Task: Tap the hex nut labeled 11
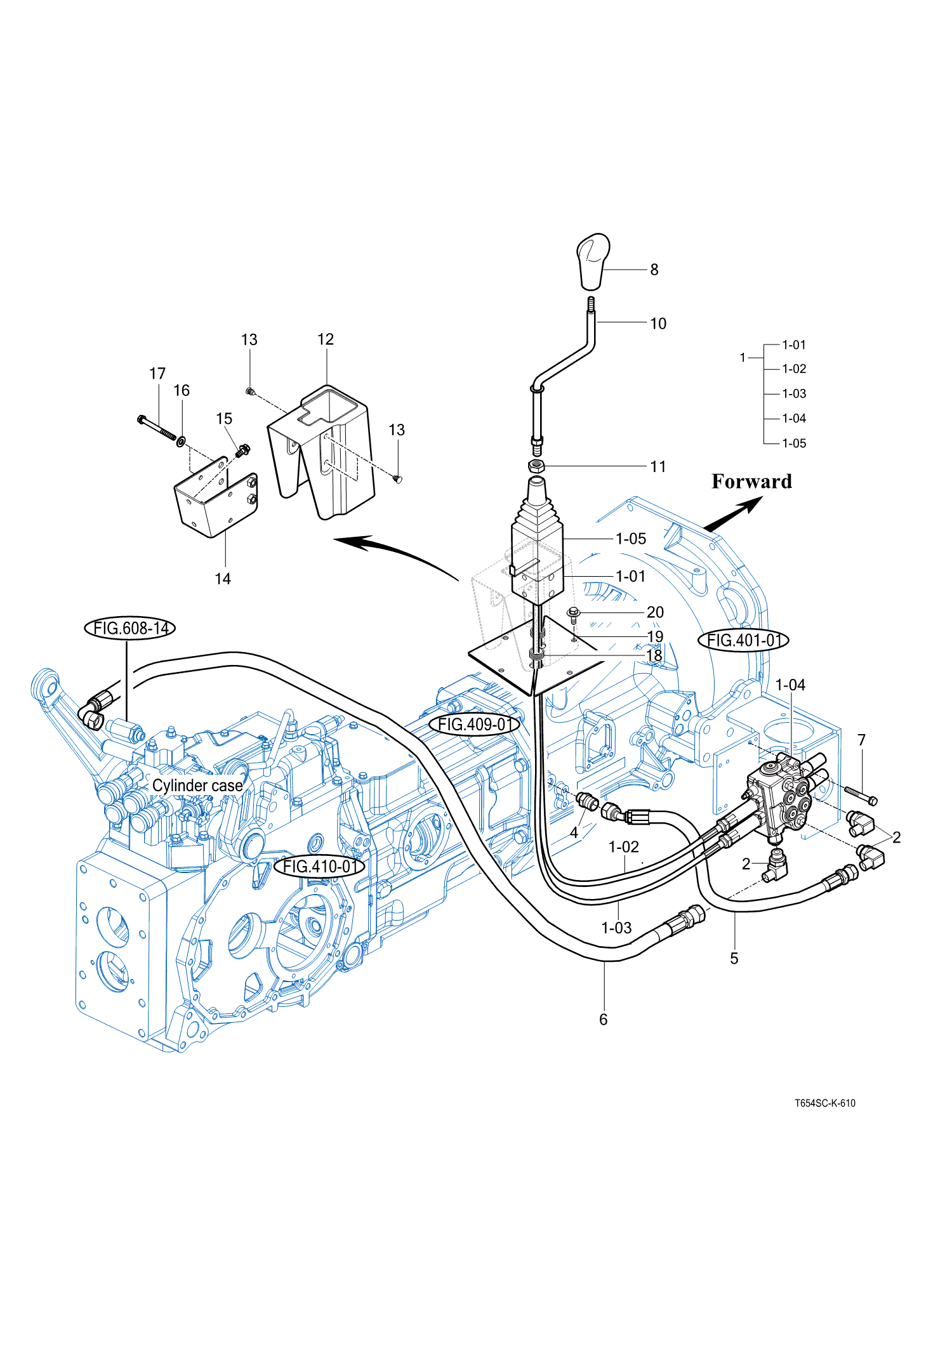[x=537, y=465]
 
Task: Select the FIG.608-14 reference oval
[x=129, y=628]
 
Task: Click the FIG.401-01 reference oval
[x=743, y=640]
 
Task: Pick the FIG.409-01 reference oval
[x=475, y=724]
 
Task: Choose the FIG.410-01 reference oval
[x=319, y=866]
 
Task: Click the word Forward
[x=751, y=481]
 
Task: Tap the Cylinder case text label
[x=197, y=785]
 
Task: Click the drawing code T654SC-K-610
[x=824, y=1103]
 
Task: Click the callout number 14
[x=223, y=579]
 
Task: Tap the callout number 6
[x=603, y=1020]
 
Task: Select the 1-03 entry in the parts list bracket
[x=793, y=393]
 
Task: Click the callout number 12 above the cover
[x=326, y=339]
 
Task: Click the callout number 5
[x=734, y=958]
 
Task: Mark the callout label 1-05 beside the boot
[x=631, y=539]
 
